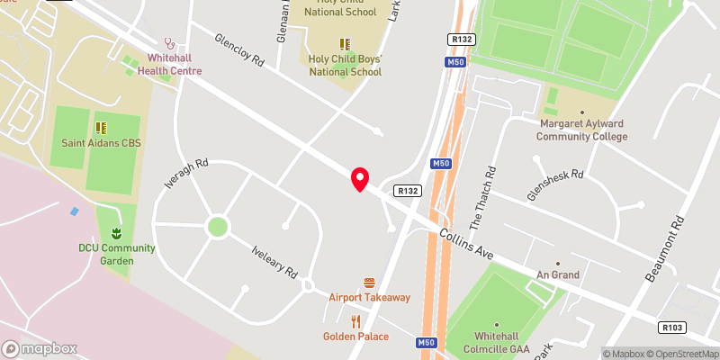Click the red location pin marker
pos(360,179)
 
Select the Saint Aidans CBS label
pos(102,142)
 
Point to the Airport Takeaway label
pos(369,297)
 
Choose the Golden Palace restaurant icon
pos(356,320)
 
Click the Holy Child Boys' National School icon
pos(343,43)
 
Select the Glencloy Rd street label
pos(238,51)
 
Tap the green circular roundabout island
pos(217,225)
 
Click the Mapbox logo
pos(39,348)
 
